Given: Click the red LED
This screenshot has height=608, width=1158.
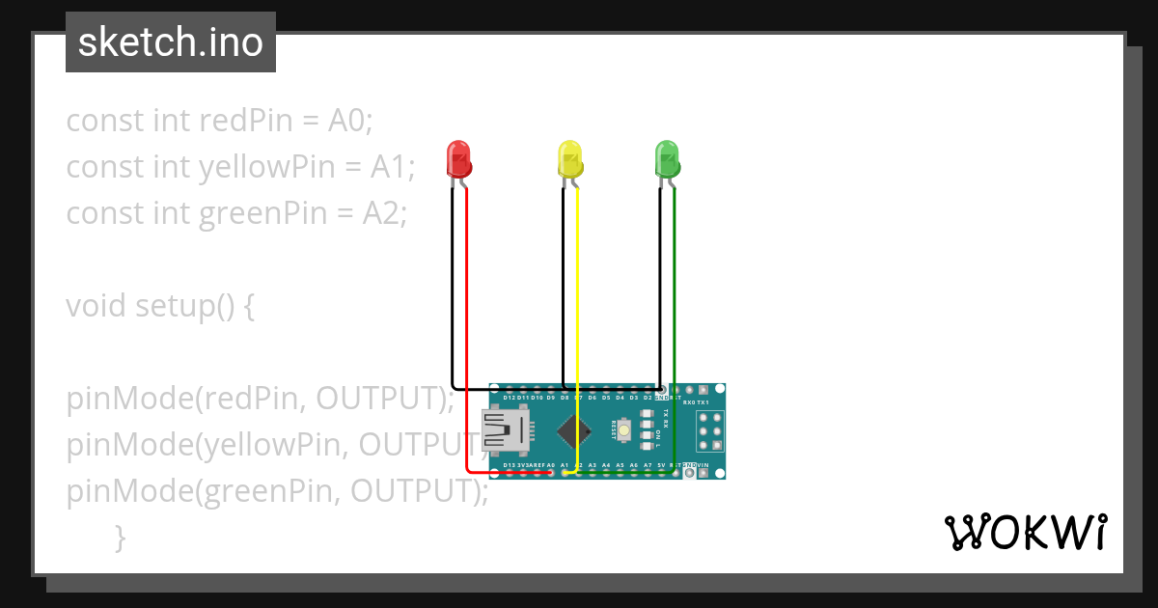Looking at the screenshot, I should click(457, 158).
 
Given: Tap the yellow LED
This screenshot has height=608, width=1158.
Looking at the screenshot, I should click(570, 158).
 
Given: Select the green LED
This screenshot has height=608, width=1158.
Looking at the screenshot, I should click(667, 158).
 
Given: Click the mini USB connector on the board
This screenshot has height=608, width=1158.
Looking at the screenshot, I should click(505, 430).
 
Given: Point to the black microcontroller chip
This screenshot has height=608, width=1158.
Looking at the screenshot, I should click(575, 431).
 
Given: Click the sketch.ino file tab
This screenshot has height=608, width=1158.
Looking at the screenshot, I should click(171, 42).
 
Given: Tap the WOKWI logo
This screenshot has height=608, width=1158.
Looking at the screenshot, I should click(1025, 532).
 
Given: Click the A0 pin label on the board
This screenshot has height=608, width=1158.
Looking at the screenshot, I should click(550, 465).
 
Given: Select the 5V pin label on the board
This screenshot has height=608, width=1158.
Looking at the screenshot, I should click(661, 465).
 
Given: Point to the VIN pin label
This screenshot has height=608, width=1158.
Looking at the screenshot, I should click(716, 465).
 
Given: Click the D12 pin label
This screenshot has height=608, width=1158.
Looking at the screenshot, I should click(509, 398).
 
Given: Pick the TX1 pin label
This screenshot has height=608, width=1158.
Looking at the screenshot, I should click(703, 401).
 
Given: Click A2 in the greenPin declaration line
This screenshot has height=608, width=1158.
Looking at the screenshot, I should click(384, 213).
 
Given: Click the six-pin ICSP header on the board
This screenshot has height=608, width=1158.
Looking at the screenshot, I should click(710, 430).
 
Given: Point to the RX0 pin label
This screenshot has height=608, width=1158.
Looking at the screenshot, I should click(688, 401).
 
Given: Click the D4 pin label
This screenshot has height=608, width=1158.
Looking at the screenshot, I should click(620, 398).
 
